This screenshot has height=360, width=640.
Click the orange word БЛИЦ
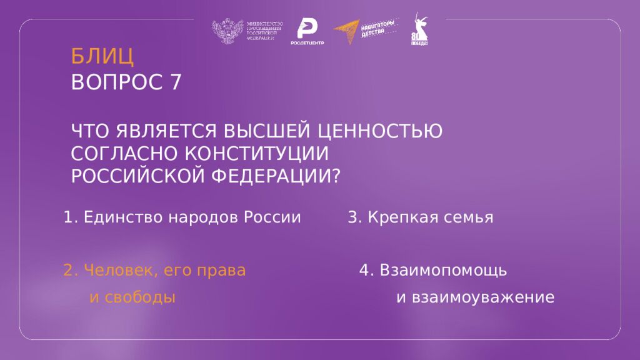(x=102, y=57)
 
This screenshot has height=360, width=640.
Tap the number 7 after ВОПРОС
(x=175, y=82)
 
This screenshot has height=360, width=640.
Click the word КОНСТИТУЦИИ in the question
(x=256, y=154)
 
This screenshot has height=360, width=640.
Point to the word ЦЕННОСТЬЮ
(x=381, y=131)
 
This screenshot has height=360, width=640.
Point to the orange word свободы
(x=132, y=297)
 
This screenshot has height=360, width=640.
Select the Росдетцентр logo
(x=307, y=32)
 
